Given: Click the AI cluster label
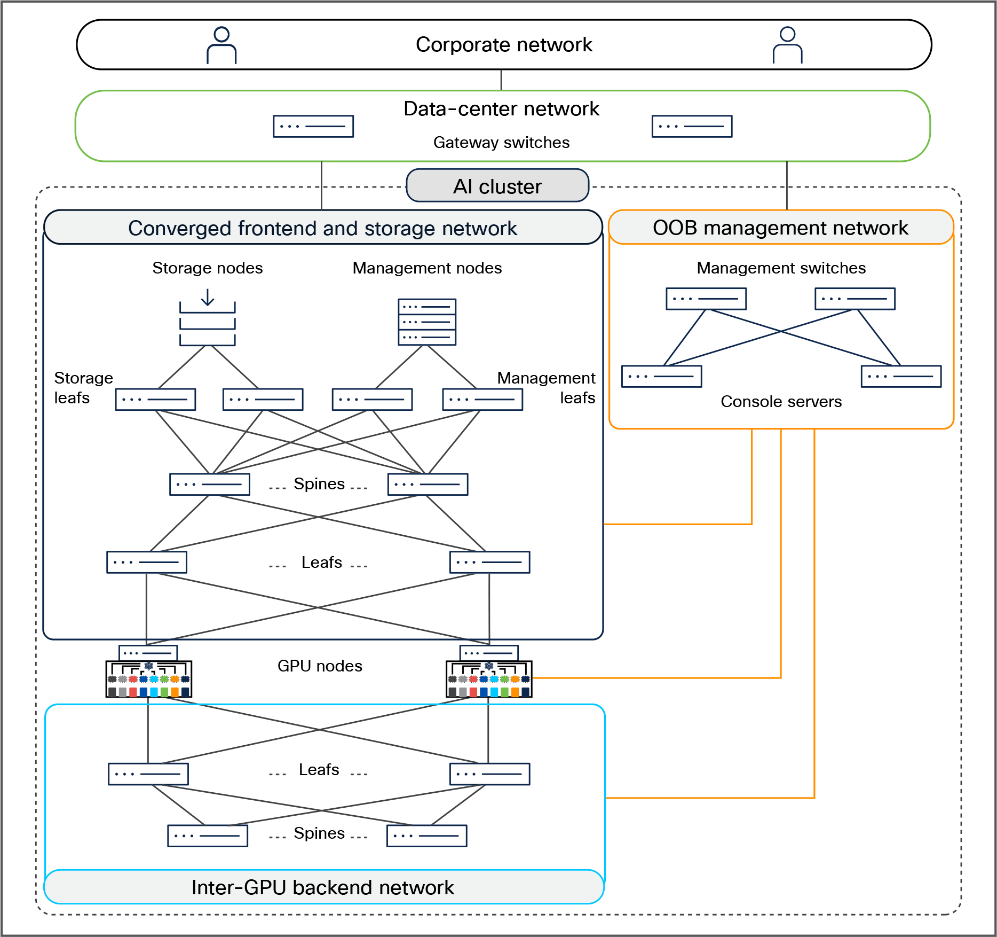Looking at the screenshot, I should point(497,186).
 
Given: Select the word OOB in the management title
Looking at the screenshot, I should point(675,228).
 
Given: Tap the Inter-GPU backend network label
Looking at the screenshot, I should point(322,887).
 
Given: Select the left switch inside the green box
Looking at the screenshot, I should point(313,127).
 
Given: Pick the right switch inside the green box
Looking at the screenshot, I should point(692,127).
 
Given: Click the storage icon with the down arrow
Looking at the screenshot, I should point(208,317).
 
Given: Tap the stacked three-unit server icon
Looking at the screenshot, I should point(427,322).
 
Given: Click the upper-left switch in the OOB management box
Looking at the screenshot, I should point(706,299).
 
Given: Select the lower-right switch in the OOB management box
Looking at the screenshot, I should point(901,377).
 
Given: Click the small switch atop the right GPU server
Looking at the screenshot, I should point(489,653).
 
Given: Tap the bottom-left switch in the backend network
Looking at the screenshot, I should point(208,836).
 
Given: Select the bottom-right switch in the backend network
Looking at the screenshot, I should point(426,836).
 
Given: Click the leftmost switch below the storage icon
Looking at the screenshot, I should point(155,400).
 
